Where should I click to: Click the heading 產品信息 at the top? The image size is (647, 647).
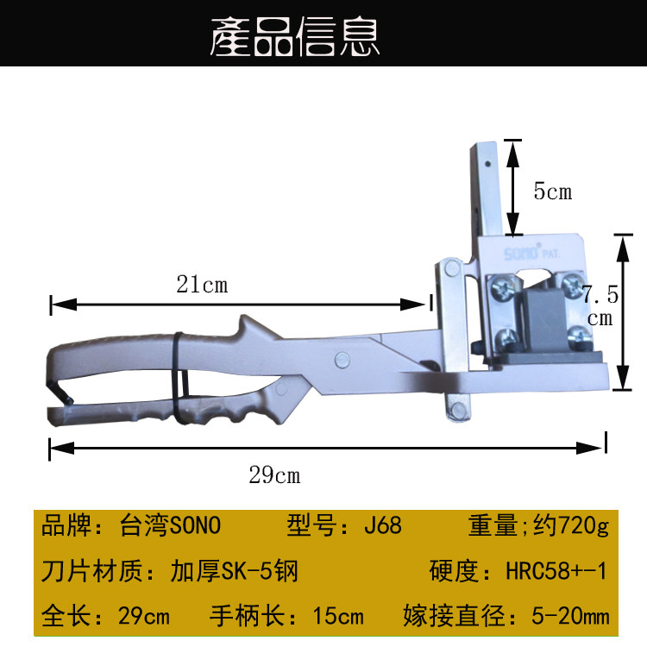click(296, 39)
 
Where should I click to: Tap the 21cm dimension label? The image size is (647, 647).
click(203, 284)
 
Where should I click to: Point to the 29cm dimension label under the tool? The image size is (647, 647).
click(274, 474)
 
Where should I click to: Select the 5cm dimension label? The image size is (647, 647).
click(552, 191)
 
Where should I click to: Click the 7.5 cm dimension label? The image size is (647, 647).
click(600, 305)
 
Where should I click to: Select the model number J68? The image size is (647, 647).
click(382, 525)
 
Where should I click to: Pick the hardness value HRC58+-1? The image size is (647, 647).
click(557, 571)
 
